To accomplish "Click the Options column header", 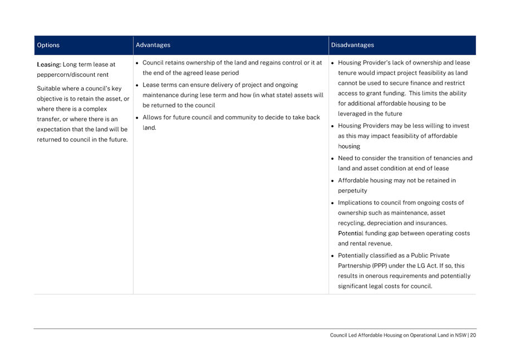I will click(48, 45).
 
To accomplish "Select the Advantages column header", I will click(153, 45).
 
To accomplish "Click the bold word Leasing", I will click(49, 64).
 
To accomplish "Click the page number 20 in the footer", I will click(473, 335).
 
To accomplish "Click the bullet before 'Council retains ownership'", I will click(138, 62).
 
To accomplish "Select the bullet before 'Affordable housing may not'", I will click(332, 180).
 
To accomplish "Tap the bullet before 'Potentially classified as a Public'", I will click(332, 255).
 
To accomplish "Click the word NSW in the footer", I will click(459, 335).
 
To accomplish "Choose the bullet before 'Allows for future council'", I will click(138, 117).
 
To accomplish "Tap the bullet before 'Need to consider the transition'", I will click(332, 158).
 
